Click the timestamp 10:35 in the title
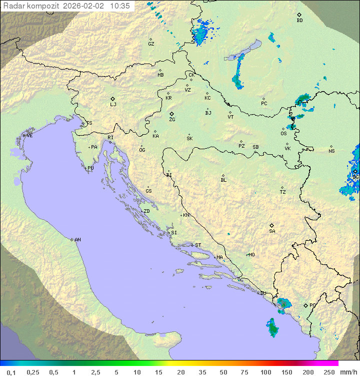[x=120, y=6]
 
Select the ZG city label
[x=172, y=120]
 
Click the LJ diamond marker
[x=113, y=99]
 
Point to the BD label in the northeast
[x=299, y=21]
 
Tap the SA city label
[x=272, y=231]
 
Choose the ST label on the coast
[x=198, y=245]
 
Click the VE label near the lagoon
[x=29, y=136]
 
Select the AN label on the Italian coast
[x=77, y=240]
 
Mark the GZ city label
[x=151, y=44]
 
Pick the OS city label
[x=283, y=134]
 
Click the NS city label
[x=331, y=151]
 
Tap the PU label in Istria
[x=90, y=168]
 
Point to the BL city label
[x=223, y=180]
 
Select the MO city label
[x=251, y=255]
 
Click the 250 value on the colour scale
[x=329, y=371]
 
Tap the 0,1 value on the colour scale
[x=11, y=371]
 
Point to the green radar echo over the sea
[x=273, y=327]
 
